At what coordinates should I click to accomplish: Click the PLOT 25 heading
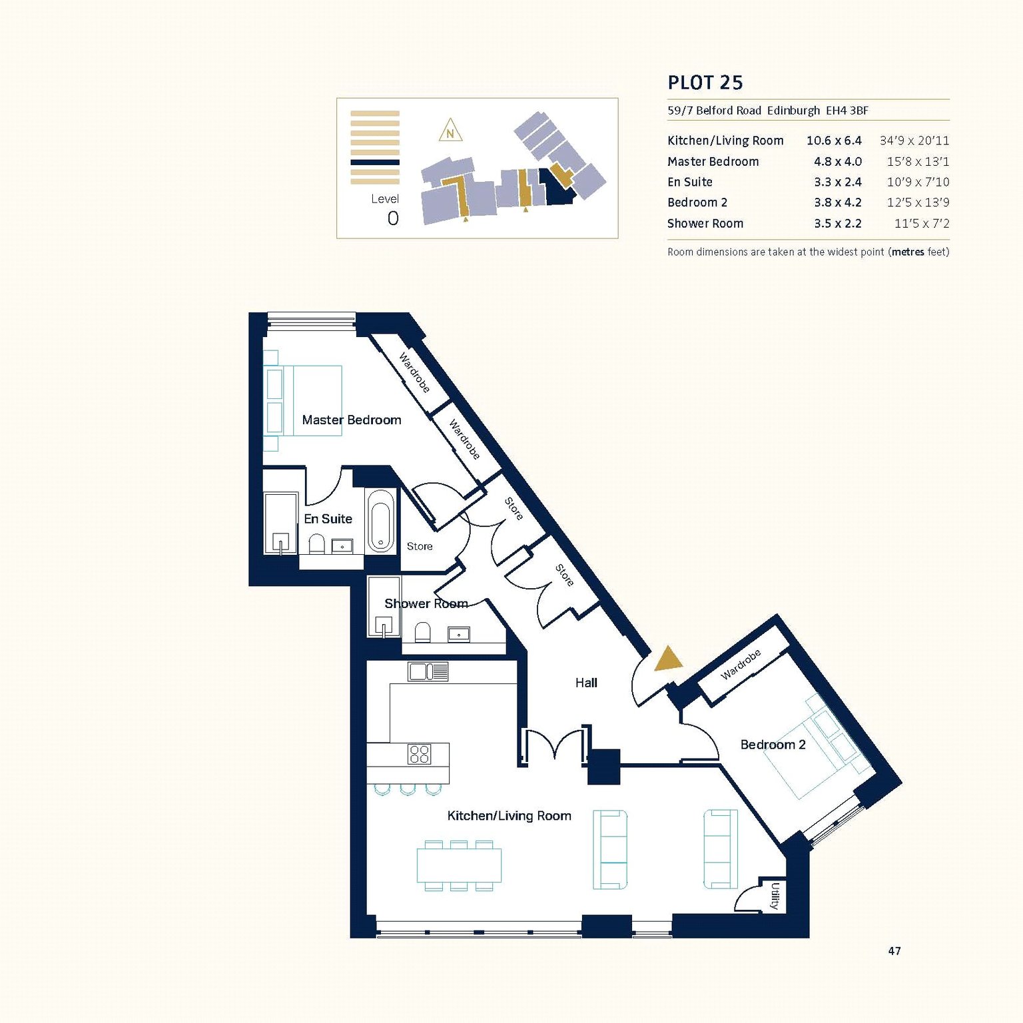(x=705, y=83)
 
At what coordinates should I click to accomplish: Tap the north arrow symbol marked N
(x=450, y=131)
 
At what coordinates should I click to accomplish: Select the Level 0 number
(x=393, y=218)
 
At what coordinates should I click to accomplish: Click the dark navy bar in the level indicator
(x=375, y=162)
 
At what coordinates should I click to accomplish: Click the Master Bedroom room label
(x=352, y=420)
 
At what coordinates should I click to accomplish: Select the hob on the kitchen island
(x=420, y=754)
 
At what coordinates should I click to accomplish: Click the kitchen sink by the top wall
(x=428, y=671)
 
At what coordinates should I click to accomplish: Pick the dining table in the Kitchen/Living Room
(x=459, y=865)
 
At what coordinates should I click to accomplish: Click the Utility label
(x=775, y=896)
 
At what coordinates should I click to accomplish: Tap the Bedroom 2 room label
(x=773, y=745)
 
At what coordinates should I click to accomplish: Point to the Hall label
(x=586, y=683)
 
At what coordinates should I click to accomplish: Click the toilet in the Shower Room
(x=422, y=632)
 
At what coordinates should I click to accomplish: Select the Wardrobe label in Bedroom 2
(x=741, y=665)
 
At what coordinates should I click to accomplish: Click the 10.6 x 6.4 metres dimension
(x=834, y=141)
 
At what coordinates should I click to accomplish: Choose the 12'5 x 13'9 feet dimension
(x=918, y=202)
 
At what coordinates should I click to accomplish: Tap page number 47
(x=894, y=951)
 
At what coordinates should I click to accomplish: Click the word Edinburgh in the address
(x=793, y=111)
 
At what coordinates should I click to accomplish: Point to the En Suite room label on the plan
(x=328, y=519)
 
